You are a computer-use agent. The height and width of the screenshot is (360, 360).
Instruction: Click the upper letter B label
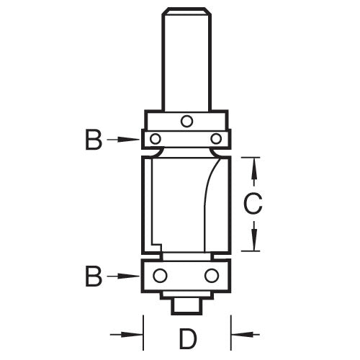(x=94, y=140)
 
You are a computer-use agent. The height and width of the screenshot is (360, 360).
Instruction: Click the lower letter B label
(x=94, y=276)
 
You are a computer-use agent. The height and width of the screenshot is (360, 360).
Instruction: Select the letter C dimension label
(x=253, y=204)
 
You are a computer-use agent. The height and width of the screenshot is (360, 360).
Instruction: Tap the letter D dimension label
(x=188, y=339)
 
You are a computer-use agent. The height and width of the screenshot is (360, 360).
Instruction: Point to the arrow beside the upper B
(x=123, y=140)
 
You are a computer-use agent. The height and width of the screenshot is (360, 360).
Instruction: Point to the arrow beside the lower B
(x=123, y=276)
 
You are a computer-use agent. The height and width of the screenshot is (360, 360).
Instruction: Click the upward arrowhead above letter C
(x=254, y=171)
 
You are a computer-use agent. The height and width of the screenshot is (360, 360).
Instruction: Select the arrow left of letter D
(x=127, y=334)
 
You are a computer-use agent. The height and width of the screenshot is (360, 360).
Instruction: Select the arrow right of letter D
(x=245, y=334)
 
